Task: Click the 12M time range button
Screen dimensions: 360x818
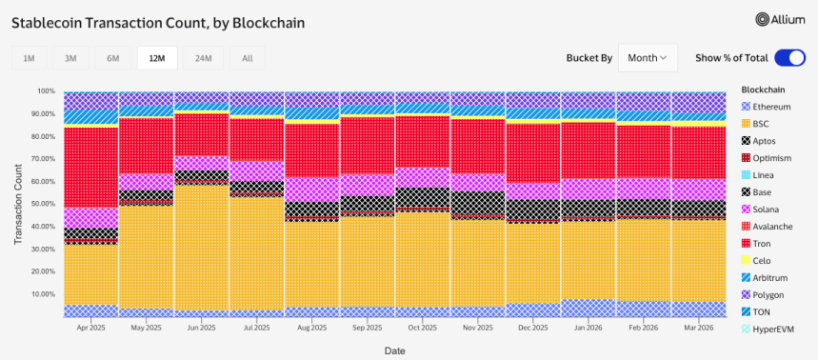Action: pos(155,59)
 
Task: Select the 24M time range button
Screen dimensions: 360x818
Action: pos(203,59)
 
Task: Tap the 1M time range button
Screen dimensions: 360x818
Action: pos(29,59)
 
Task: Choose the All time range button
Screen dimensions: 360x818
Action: pos(248,59)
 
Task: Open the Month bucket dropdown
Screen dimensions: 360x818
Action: pos(648,58)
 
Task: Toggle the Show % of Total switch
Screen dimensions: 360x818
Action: pos(789,58)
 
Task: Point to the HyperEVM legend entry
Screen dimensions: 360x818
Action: pos(771,329)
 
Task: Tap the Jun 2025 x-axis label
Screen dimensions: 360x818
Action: pos(201,326)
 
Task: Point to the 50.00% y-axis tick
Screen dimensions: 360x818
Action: pos(42,204)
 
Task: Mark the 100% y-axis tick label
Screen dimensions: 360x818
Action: pos(46,91)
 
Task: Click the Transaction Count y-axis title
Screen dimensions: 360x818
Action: pos(18,204)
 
